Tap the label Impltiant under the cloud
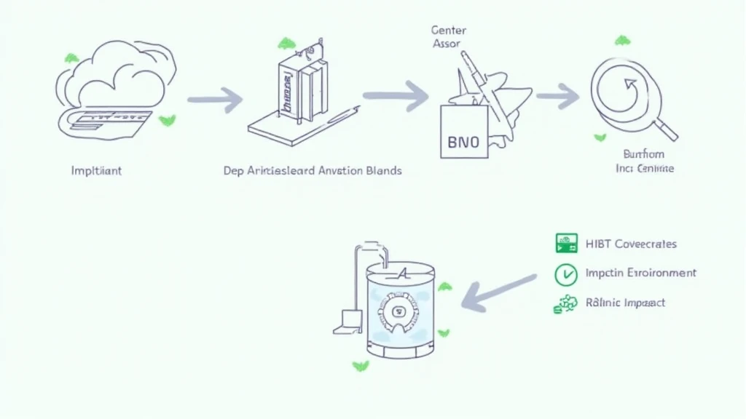(96, 171)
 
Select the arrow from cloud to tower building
(215, 100)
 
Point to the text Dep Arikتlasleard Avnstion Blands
(312, 171)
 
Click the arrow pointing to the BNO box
(396, 95)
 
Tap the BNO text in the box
(464, 140)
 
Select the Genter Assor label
(449, 37)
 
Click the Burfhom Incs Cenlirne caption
(644, 161)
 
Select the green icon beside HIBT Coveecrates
(566, 244)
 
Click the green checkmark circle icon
(566, 274)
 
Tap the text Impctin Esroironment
(641, 274)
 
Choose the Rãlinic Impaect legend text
(625, 303)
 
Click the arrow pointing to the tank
(500, 292)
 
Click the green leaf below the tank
(360, 365)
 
